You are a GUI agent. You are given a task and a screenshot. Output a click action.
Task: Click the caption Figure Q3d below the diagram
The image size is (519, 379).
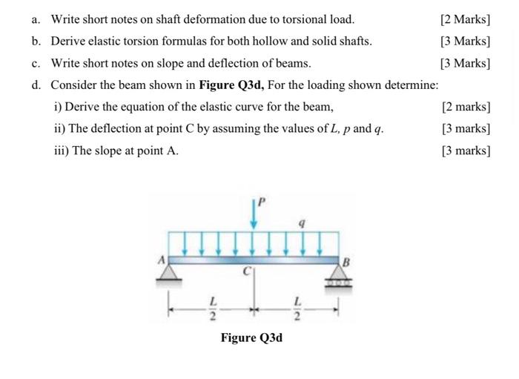click(x=251, y=338)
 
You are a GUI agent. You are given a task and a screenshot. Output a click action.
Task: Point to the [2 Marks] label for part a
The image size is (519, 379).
click(x=465, y=19)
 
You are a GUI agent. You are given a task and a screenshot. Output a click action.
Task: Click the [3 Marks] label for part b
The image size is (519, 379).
click(x=465, y=41)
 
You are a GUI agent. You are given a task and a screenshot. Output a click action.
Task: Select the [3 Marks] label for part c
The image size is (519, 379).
click(x=465, y=63)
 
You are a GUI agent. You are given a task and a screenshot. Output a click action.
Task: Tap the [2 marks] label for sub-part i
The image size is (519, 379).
click(x=466, y=108)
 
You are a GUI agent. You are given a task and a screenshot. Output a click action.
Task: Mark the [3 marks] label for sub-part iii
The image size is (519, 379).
click(x=466, y=151)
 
